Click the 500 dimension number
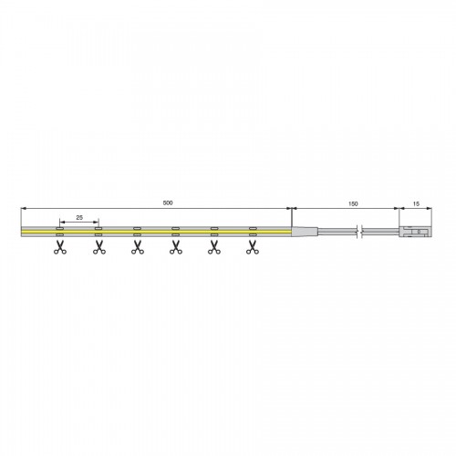pyautogui.click(x=168, y=202)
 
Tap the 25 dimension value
pyautogui.click(x=79, y=217)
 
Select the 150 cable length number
pyautogui.click(x=353, y=204)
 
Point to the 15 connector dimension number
pyautogui.click(x=416, y=204)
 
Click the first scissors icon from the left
pyautogui.click(x=60, y=247)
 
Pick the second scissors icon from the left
pyautogui.click(x=99, y=247)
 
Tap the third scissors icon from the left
pyautogui.click(x=138, y=247)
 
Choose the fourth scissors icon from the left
pyautogui.click(x=176, y=247)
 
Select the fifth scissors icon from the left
pyautogui.click(x=214, y=247)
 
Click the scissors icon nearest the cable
pyautogui.click(x=253, y=247)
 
